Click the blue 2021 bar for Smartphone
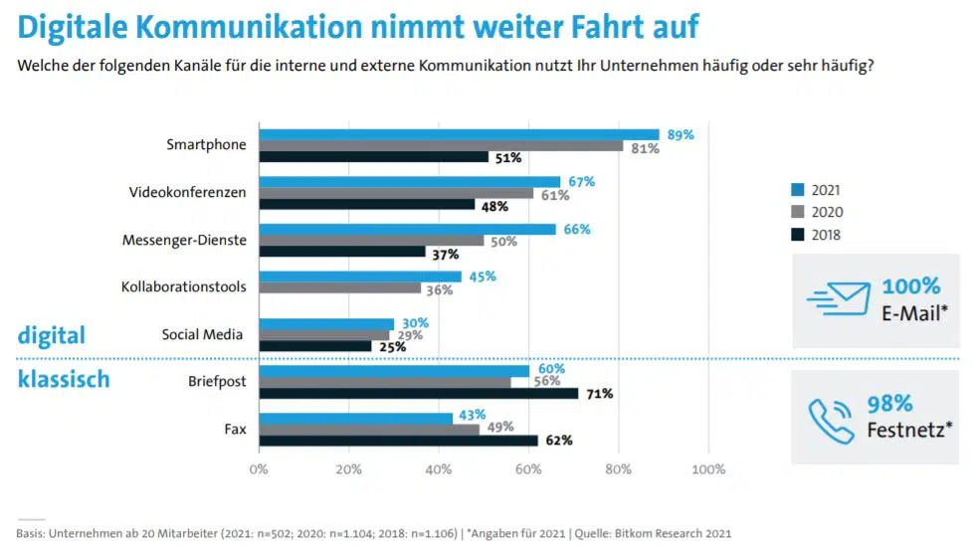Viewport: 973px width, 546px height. click(x=459, y=134)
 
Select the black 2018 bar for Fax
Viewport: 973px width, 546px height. click(x=399, y=440)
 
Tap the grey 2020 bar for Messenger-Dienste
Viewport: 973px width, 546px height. click(x=372, y=241)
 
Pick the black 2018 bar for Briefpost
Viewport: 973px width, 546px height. click(x=419, y=393)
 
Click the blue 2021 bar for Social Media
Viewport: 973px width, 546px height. click(x=326, y=323)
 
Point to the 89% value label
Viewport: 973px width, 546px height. click(x=681, y=134)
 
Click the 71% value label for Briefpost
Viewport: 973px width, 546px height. click(x=599, y=394)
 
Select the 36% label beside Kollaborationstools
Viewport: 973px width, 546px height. click(x=439, y=289)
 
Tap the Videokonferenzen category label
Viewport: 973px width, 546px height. click(x=187, y=192)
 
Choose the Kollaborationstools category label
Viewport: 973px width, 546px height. click(x=183, y=286)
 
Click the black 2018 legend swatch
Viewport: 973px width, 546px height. click(x=797, y=236)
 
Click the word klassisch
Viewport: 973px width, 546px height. click(x=64, y=379)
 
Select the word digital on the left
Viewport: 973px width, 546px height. click(x=52, y=335)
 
